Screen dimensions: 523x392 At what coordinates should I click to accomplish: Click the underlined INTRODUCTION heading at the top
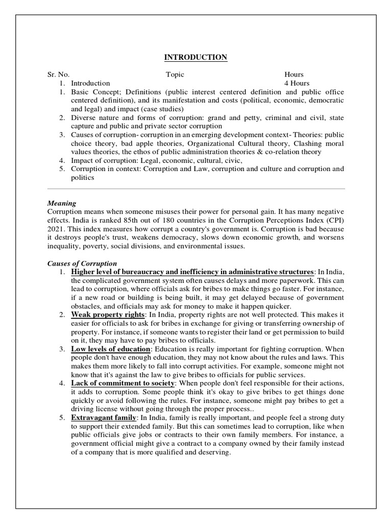195,57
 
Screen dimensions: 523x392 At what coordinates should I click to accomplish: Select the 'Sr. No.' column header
59,74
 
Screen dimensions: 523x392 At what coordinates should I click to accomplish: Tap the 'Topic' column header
175,74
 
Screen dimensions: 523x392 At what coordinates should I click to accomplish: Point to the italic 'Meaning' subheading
62,203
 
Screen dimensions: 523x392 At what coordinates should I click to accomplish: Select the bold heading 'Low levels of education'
111,349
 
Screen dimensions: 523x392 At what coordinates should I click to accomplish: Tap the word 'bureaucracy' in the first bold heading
145,271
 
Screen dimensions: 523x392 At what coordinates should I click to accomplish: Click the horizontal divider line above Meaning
196,189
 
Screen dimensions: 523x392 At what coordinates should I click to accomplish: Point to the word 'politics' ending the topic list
82,177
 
